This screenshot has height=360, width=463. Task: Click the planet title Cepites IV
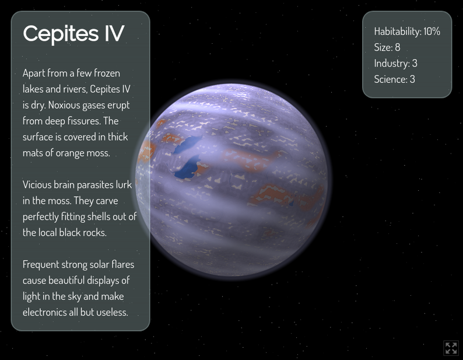pos(73,33)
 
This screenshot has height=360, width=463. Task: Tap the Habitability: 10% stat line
pos(407,32)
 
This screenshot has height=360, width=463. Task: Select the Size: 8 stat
pos(387,47)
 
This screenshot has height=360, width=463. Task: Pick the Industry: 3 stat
pos(395,63)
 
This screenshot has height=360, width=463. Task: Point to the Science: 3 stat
pos(394,79)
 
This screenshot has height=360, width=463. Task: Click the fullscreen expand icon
pos(451,348)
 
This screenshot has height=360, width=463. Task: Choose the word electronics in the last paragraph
pos(45,312)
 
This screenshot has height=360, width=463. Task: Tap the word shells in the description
pos(101,216)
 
